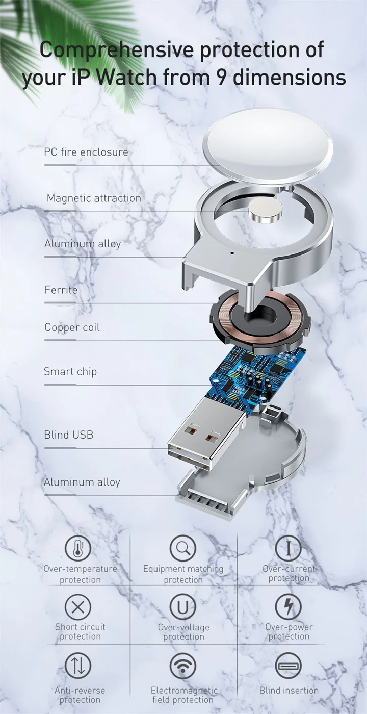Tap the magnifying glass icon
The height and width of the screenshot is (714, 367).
click(x=182, y=548)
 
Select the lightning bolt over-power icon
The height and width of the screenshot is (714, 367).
click(x=288, y=606)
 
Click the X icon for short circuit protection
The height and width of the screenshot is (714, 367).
click(x=78, y=607)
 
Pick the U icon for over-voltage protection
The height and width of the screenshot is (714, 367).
click(x=182, y=607)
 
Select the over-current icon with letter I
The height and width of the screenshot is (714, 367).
click(x=288, y=548)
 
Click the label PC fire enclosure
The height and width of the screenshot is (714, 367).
click(x=86, y=152)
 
